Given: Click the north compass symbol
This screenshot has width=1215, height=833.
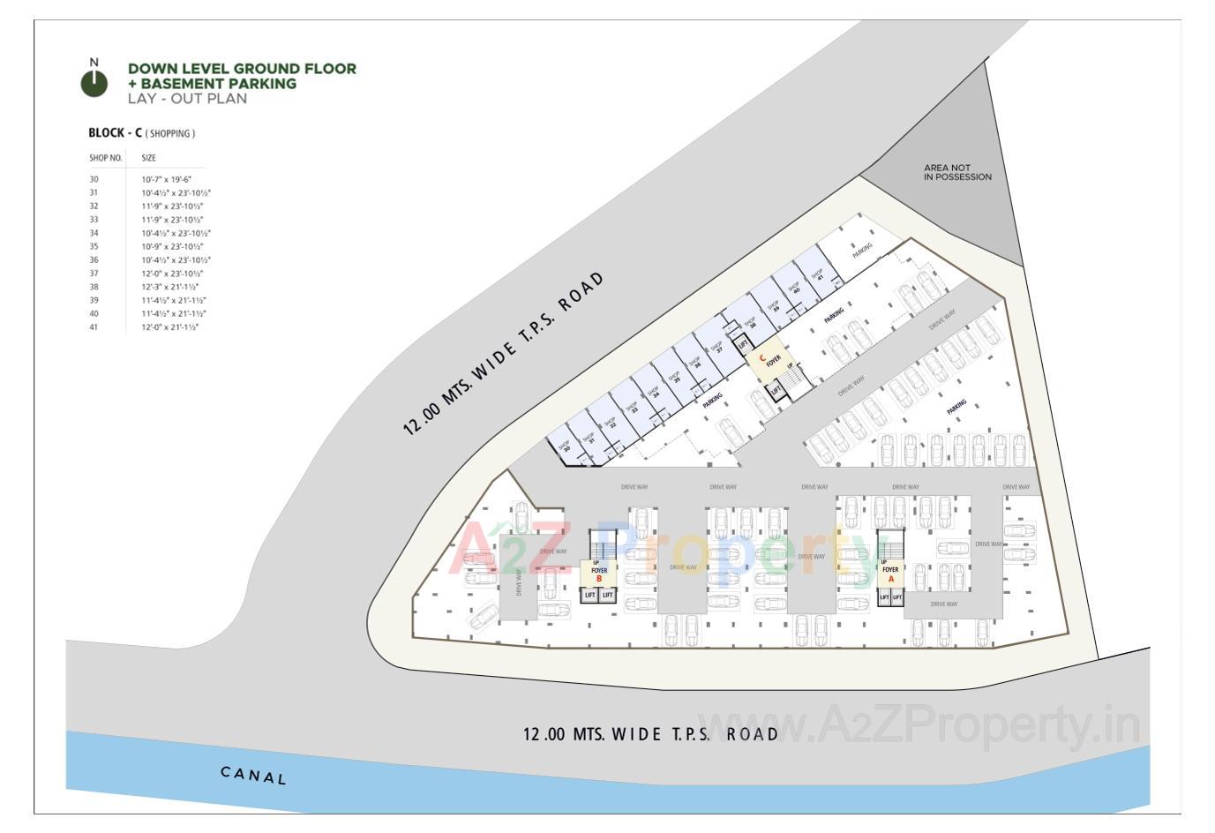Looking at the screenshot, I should click(x=94, y=82).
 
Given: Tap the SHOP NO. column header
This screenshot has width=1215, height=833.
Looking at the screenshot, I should click(x=105, y=158).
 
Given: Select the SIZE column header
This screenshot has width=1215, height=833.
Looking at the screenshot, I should click(x=148, y=158).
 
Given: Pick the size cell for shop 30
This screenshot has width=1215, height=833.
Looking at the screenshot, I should click(x=166, y=179).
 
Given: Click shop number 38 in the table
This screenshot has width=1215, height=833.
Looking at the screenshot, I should click(x=94, y=287).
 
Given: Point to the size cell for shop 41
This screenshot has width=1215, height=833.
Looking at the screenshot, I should click(x=169, y=327).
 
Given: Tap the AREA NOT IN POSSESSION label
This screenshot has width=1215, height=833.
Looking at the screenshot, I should click(x=957, y=172).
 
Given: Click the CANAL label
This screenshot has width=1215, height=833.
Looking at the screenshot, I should click(x=253, y=776).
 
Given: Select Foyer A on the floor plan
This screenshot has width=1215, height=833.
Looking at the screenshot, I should click(x=890, y=574).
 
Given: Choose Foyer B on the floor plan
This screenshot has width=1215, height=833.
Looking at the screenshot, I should click(x=599, y=574).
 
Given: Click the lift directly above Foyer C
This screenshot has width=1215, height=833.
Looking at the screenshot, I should click(x=743, y=343).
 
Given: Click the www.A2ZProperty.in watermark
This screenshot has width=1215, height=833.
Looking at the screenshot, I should click(x=918, y=725).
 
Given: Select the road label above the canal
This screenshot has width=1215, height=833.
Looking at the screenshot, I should click(x=650, y=734).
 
